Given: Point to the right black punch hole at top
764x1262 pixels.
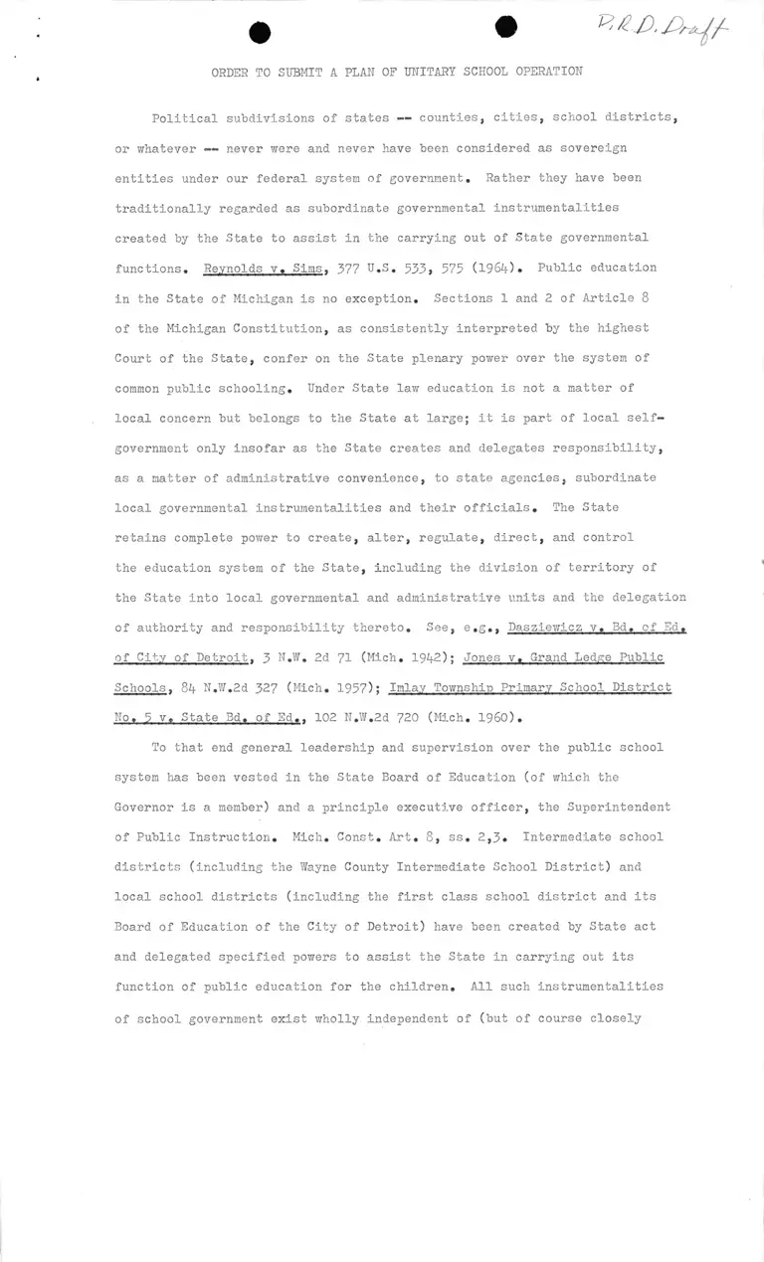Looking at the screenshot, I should [506, 28].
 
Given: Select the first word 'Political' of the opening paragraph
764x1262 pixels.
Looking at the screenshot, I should [184, 118].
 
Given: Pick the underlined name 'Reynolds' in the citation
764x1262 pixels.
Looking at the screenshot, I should [234, 269].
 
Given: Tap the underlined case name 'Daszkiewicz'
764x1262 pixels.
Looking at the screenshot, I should [549, 628].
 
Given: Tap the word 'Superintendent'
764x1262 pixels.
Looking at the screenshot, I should [618, 807].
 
